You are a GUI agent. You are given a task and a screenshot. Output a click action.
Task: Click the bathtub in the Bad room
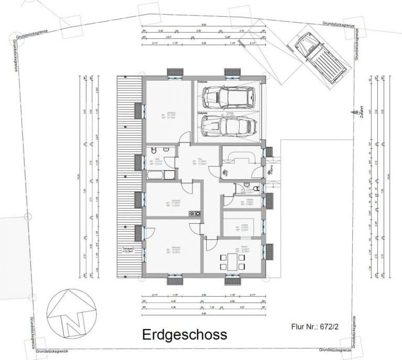coord(160,173)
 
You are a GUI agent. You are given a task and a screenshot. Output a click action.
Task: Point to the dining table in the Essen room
coord(231,260)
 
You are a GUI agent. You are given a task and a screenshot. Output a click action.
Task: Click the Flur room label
coord(199,162)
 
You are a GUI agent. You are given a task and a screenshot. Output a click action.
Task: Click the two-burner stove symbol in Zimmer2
coord(197,213)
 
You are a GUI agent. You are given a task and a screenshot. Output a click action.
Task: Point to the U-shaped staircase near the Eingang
coord(243,157)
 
